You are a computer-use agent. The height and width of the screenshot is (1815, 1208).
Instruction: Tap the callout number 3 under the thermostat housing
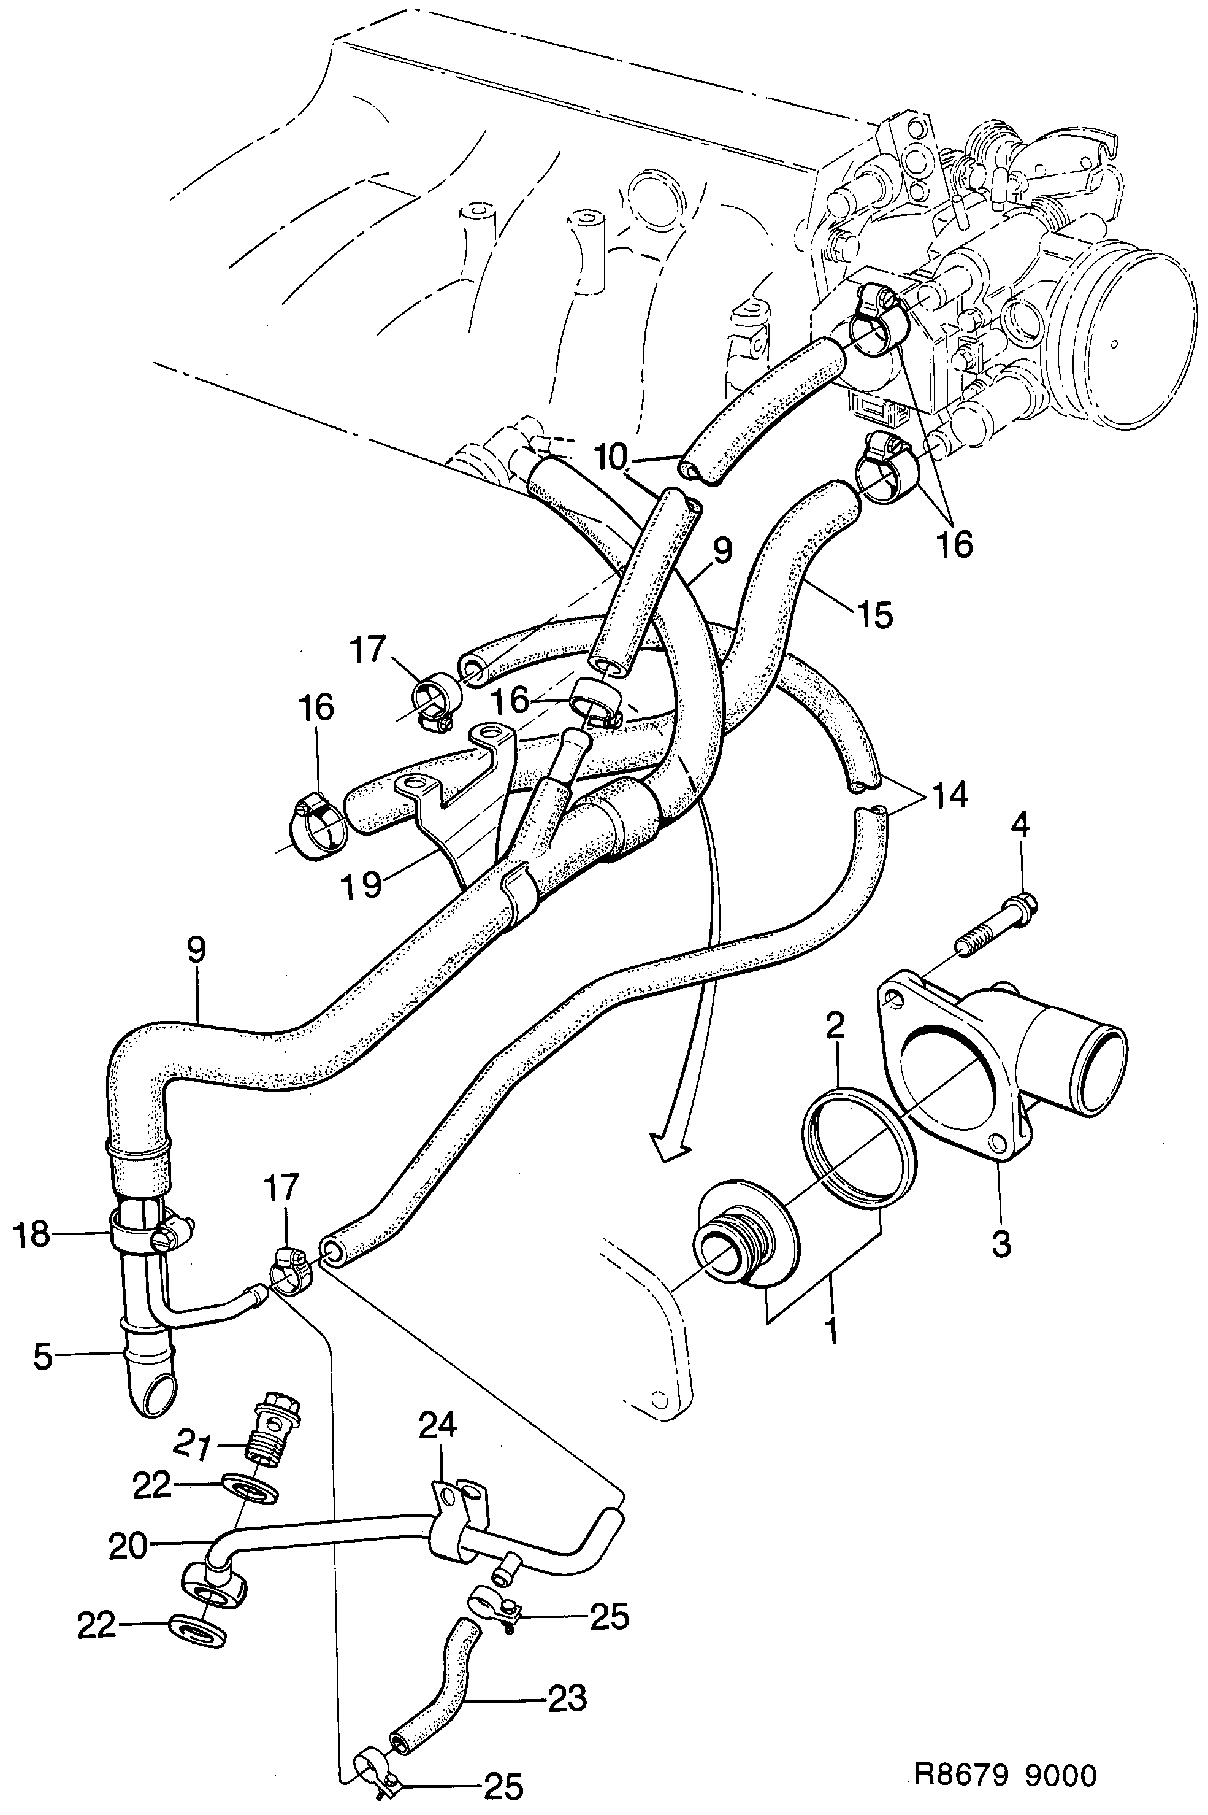click(1001, 1243)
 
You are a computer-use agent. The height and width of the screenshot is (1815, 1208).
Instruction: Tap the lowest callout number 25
click(503, 1787)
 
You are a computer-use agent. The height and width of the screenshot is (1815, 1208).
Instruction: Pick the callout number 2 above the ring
click(835, 1027)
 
